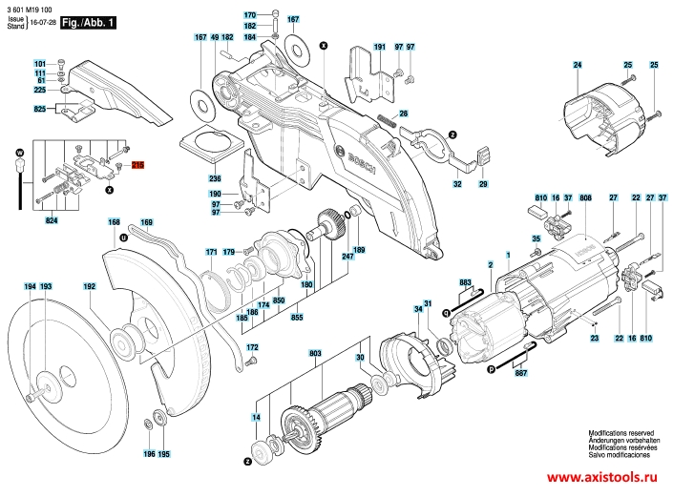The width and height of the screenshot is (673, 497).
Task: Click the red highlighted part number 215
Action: (137, 166)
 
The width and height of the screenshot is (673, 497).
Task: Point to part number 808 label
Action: (585, 197)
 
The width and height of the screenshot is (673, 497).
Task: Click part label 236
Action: (215, 178)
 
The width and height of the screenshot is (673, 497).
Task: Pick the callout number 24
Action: (577, 64)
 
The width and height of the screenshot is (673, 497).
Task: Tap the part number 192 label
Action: (90, 286)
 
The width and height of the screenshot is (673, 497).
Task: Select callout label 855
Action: (297, 316)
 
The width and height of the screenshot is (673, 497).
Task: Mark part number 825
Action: (40, 111)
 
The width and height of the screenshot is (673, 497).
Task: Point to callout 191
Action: (378, 47)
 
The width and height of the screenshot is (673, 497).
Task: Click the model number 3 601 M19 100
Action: (29, 9)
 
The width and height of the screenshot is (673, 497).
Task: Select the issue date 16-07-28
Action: (42, 22)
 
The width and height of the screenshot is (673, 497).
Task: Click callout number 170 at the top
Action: (250, 16)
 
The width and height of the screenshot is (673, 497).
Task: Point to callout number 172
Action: (252, 347)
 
